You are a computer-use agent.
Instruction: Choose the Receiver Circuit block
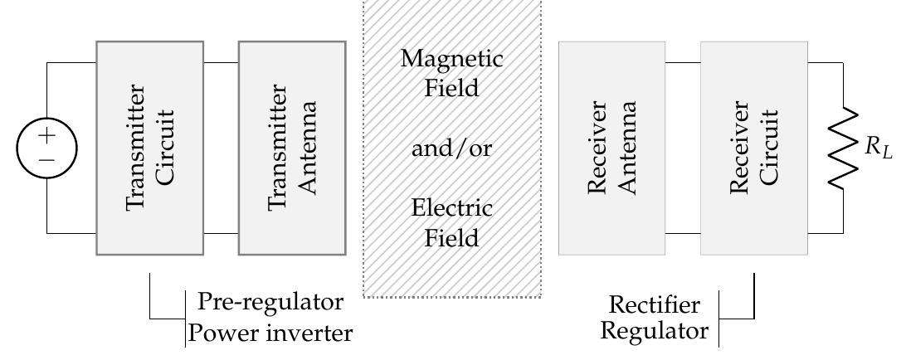click(x=754, y=148)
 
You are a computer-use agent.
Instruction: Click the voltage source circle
click(x=46, y=148)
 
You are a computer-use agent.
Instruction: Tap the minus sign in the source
click(x=46, y=159)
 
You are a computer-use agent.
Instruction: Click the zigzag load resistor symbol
click(x=845, y=148)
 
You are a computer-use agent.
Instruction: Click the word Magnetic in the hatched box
click(x=451, y=59)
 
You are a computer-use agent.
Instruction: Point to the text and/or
click(x=451, y=149)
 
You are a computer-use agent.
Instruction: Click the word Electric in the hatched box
click(x=451, y=207)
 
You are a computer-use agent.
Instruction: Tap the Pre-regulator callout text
click(x=270, y=301)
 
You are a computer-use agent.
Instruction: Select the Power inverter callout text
click(x=270, y=333)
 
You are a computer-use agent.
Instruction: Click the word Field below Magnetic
click(x=451, y=88)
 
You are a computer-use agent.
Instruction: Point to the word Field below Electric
click(x=451, y=238)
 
